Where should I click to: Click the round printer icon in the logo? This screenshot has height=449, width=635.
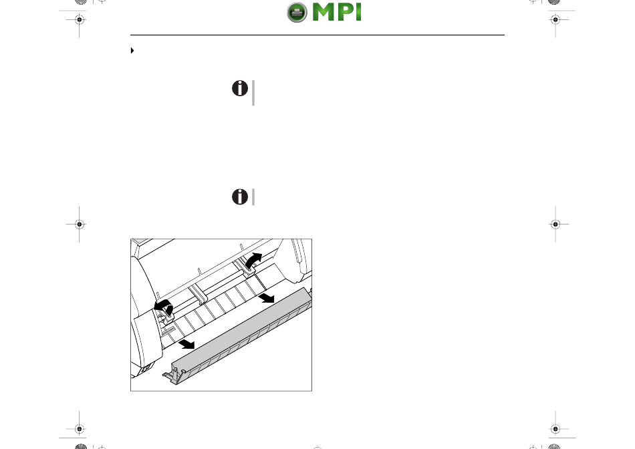pos(297,12)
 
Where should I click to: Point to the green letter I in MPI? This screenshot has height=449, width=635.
pos(358,12)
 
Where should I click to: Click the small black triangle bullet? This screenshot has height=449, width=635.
pos(132,51)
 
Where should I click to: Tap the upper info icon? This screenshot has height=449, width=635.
pos(240,88)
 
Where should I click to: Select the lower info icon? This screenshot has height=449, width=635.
pos(240,196)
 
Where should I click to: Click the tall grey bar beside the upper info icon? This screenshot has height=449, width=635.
pos(253,93)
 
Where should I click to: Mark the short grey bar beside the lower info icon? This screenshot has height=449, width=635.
pos(253,196)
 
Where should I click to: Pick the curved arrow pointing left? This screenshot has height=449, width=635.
pos(164,307)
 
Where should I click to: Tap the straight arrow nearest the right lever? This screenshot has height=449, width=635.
pos(267,298)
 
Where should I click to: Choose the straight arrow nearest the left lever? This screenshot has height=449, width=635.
pos(187,344)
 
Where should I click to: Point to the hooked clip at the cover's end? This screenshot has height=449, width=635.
pos(171,376)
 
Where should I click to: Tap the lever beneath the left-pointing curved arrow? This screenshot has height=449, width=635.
pos(163,317)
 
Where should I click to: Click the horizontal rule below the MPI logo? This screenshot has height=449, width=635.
pos(317,35)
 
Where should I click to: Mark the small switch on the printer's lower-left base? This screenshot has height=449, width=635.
pos(146,368)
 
